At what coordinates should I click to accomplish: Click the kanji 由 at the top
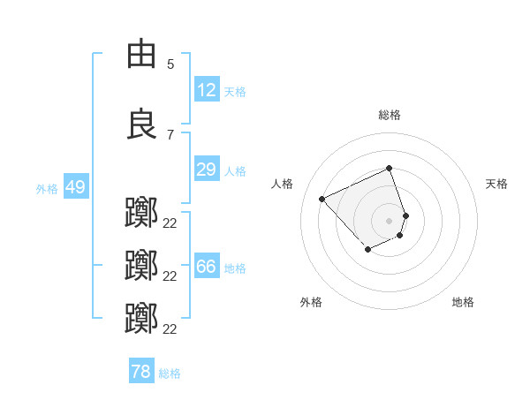pos(142,54)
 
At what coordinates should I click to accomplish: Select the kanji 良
pos(142,124)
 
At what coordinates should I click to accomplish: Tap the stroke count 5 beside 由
pos(170,64)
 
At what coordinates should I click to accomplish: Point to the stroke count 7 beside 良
pos(170,134)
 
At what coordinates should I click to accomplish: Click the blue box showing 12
pos(206,90)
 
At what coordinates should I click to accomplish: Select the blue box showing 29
pos(206,170)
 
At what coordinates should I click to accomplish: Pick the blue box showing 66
pos(206,267)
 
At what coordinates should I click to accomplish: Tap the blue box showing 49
pos(74,187)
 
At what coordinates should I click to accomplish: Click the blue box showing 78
pos(140,372)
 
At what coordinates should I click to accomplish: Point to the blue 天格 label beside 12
pos(235,91)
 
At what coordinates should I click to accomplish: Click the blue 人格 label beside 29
pos(235,170)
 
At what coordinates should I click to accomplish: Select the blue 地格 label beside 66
pos(235,268)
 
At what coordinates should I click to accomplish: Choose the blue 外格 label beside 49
pos(47,188)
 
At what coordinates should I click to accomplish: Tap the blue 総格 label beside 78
pos(170,373)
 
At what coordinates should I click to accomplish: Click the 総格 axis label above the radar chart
pos(389,115)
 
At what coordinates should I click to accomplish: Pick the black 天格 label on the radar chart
pos(496,184)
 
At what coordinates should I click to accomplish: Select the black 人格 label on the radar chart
pos(282,184)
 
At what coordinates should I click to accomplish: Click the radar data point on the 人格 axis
pos(322,199)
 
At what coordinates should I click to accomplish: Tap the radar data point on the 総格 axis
pos(389,169)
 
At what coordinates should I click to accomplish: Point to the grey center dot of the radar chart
pos(389,221)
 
